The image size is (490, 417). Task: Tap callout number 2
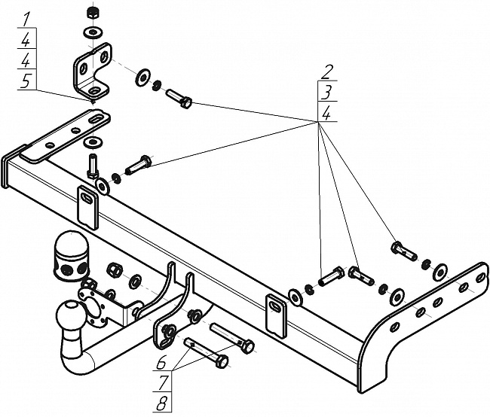pos(326,72)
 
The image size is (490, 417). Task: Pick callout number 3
pos(326,93)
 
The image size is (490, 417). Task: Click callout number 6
pos(161,362)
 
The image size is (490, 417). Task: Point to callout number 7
pos(161,382)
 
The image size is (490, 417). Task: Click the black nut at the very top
pos(93,13)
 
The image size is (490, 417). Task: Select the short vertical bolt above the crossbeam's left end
pos(93,163)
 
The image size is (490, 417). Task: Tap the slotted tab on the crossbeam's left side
pos(87,205)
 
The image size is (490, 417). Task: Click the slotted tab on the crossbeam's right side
pos(277,314)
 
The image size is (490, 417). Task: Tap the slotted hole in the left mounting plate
pos(96,119)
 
